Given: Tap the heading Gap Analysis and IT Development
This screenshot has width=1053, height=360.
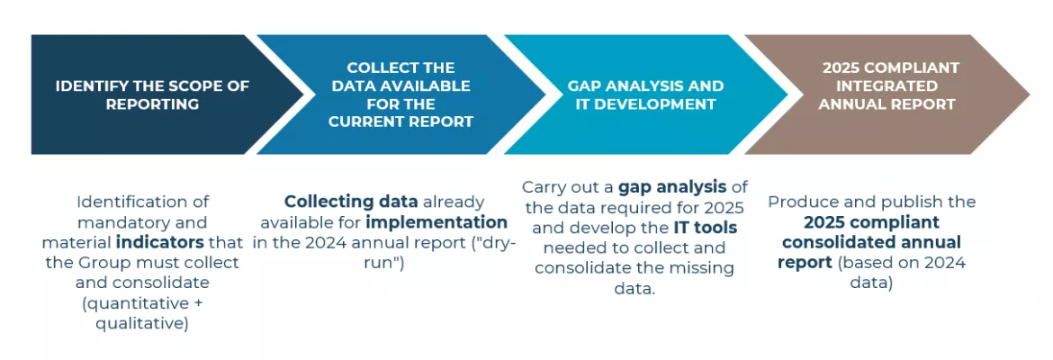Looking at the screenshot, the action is tap(645, 94).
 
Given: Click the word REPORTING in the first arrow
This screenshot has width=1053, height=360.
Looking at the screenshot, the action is tap(152, 104).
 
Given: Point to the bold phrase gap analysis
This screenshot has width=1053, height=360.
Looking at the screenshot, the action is tap(662, 186).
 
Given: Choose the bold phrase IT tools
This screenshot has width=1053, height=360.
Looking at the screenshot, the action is tap(705, 228).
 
